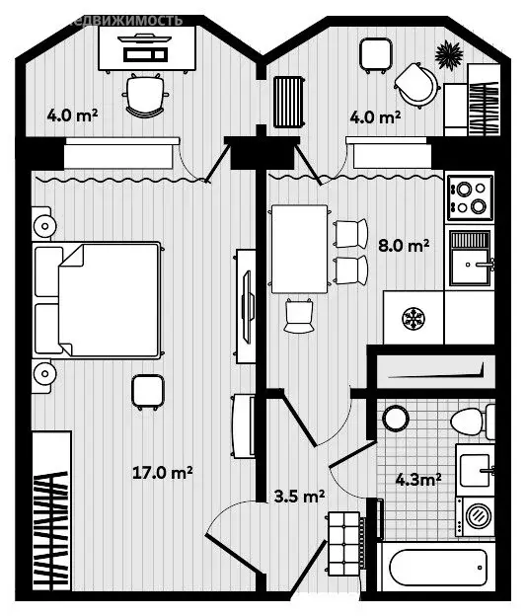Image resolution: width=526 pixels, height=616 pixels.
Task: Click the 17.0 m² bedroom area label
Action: point(162,473)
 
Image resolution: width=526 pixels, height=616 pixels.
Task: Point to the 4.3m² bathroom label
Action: point(417,480)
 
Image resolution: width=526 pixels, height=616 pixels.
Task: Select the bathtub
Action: point(437,570)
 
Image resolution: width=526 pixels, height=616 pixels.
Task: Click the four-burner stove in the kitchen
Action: point(469,196)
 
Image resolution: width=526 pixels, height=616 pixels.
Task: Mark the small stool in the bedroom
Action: point(147,391)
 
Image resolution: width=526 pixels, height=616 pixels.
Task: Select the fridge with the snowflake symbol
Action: point(413,318)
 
